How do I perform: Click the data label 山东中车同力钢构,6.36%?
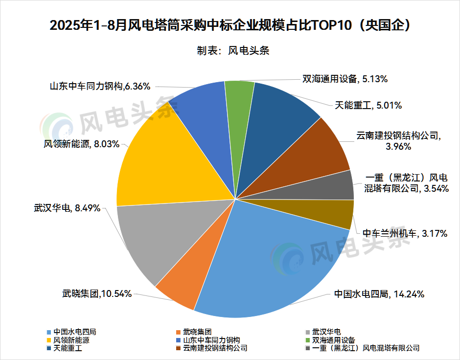click(100, 87)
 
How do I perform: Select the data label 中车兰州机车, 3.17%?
click(405, 233)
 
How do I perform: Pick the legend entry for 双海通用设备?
click(330, 340)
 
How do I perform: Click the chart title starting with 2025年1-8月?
click(230, 25)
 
